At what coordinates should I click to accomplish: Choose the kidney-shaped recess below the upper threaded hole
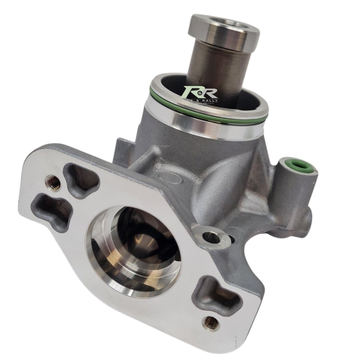53,211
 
